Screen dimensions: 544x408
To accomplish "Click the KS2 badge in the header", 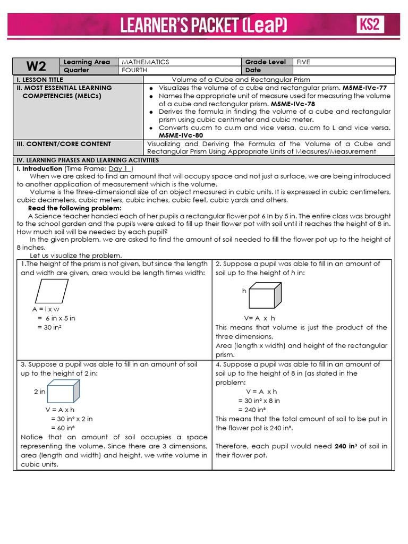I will tap(370, 24).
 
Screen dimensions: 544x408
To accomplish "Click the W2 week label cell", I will tap(36, 66).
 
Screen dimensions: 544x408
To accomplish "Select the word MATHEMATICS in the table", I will tap(145, 62).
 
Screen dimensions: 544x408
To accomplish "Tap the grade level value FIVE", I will tap(303, 62).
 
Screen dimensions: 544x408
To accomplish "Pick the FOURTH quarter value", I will tap(135, 70).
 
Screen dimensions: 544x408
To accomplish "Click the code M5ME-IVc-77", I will tap(364, 88).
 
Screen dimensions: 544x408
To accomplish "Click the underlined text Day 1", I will tap(120, 168).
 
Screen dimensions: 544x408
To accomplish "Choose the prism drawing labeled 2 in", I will tap(63, 392).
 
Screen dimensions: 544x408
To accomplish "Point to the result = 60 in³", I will tap(62, 427).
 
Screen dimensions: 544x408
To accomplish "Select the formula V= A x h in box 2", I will tap(259, 318).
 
